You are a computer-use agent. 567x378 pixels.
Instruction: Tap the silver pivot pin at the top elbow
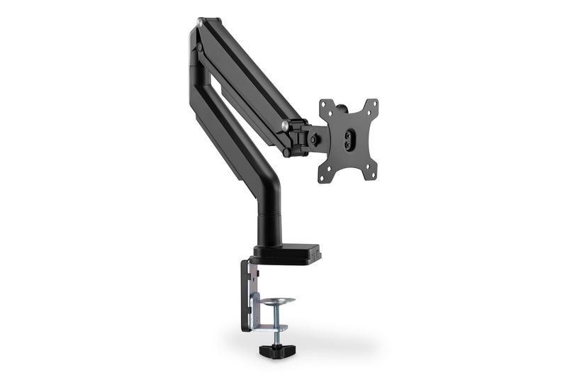pos(201,24)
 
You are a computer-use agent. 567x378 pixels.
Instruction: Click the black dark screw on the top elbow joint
pos(200,48)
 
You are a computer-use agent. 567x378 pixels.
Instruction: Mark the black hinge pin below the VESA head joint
pos(286,152)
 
